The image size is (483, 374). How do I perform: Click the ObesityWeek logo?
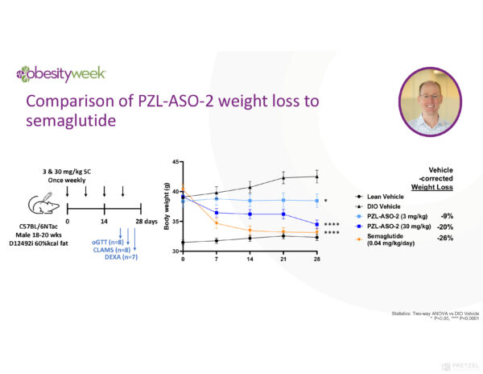[60, 73]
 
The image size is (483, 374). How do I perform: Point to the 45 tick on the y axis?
[176, 162]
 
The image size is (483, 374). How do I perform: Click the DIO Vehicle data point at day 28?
[317, 177]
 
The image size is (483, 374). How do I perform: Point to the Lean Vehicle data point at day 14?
[250, 238]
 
